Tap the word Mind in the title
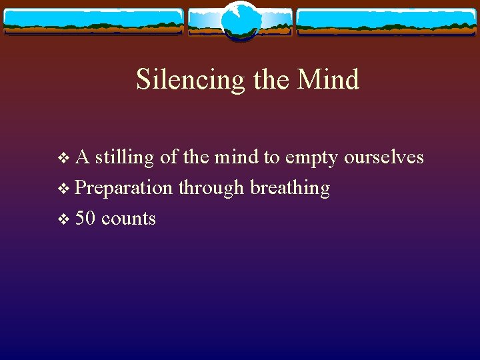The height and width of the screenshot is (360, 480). [328, 80]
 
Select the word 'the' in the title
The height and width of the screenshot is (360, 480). [272, 80]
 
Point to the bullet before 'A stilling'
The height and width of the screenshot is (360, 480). [64, 158]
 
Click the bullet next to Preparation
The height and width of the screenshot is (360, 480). [64, 189]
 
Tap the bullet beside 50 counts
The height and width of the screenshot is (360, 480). [64, 219]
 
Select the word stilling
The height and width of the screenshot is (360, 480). [125, 158]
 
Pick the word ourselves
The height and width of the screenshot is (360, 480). [384, 157]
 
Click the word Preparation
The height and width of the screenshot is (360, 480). [124, 189]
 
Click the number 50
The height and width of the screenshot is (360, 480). [85, 219]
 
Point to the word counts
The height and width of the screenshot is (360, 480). [129, 219]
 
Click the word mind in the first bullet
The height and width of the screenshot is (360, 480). [237, 157]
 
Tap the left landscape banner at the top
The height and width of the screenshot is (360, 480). [93, 21]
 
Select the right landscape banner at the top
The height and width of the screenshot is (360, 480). [387, 21]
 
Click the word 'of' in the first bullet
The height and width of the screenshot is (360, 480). [169, 157]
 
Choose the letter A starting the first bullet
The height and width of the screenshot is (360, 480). [83, 157]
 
